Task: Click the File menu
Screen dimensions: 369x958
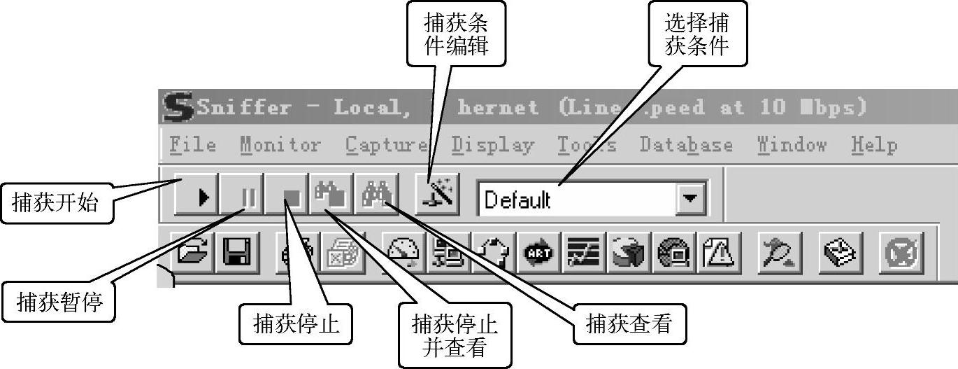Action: click(x=193, y=145)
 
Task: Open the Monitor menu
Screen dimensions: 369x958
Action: click(x=280, y=145)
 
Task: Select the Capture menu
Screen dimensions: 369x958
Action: click(x=387, y=145)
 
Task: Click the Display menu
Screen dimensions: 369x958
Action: click(x=492, y=145)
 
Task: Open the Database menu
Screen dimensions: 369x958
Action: click(x=686, y=145)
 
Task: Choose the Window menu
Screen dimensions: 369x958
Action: click(x=792, y=145)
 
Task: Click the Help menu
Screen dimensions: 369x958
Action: click(x=874, y=145)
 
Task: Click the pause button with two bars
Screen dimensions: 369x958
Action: click(x=243, y=196)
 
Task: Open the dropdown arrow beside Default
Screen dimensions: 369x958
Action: click(x=690, y=199)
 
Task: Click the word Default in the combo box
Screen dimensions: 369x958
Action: click(x=517, y=200)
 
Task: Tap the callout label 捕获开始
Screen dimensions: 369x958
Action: click(x=56, y=203)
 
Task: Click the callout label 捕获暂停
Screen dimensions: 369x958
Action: click(x=60, y=302)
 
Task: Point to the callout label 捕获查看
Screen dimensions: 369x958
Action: click(x=629, y=323)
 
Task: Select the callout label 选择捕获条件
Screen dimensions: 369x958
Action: click(x=696, y=34)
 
